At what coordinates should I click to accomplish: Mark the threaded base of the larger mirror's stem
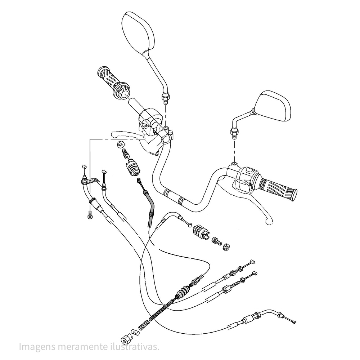point(166,97)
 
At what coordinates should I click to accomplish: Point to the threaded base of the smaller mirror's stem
point(234,133)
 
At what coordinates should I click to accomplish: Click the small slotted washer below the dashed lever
point(118,145)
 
